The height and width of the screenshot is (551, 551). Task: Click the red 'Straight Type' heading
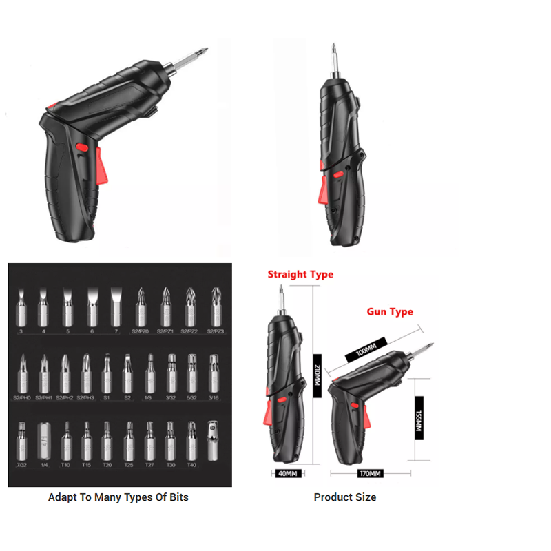300,274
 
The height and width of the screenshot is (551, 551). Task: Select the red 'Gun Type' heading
390,311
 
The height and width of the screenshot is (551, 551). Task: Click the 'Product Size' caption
344,497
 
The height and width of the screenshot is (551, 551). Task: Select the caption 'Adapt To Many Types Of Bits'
118,497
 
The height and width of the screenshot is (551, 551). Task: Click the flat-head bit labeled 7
115,305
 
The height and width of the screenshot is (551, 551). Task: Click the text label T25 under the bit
128,465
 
